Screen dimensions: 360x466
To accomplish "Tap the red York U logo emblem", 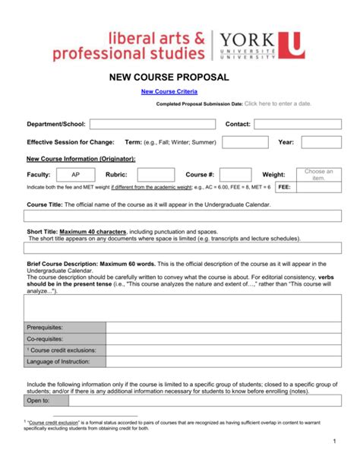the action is tap(292, 44).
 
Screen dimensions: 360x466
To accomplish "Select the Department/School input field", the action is tap(152, 124).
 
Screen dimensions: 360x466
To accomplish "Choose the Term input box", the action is tap(245, 142).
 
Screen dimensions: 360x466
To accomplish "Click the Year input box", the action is tap(321, 142).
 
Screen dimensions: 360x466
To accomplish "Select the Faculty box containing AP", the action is tap(75, 175).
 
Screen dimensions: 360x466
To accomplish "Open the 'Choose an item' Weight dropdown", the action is tap(319, 175).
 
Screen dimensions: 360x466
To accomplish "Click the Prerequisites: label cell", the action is tap(65, 327).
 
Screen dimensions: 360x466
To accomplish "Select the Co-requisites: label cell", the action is tap(65, 338).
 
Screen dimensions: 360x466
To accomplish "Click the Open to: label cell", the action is tap(46, 400).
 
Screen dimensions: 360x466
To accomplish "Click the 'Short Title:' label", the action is tap(42, 230).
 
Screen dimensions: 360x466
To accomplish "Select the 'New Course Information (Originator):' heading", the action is tap(81, 159).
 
